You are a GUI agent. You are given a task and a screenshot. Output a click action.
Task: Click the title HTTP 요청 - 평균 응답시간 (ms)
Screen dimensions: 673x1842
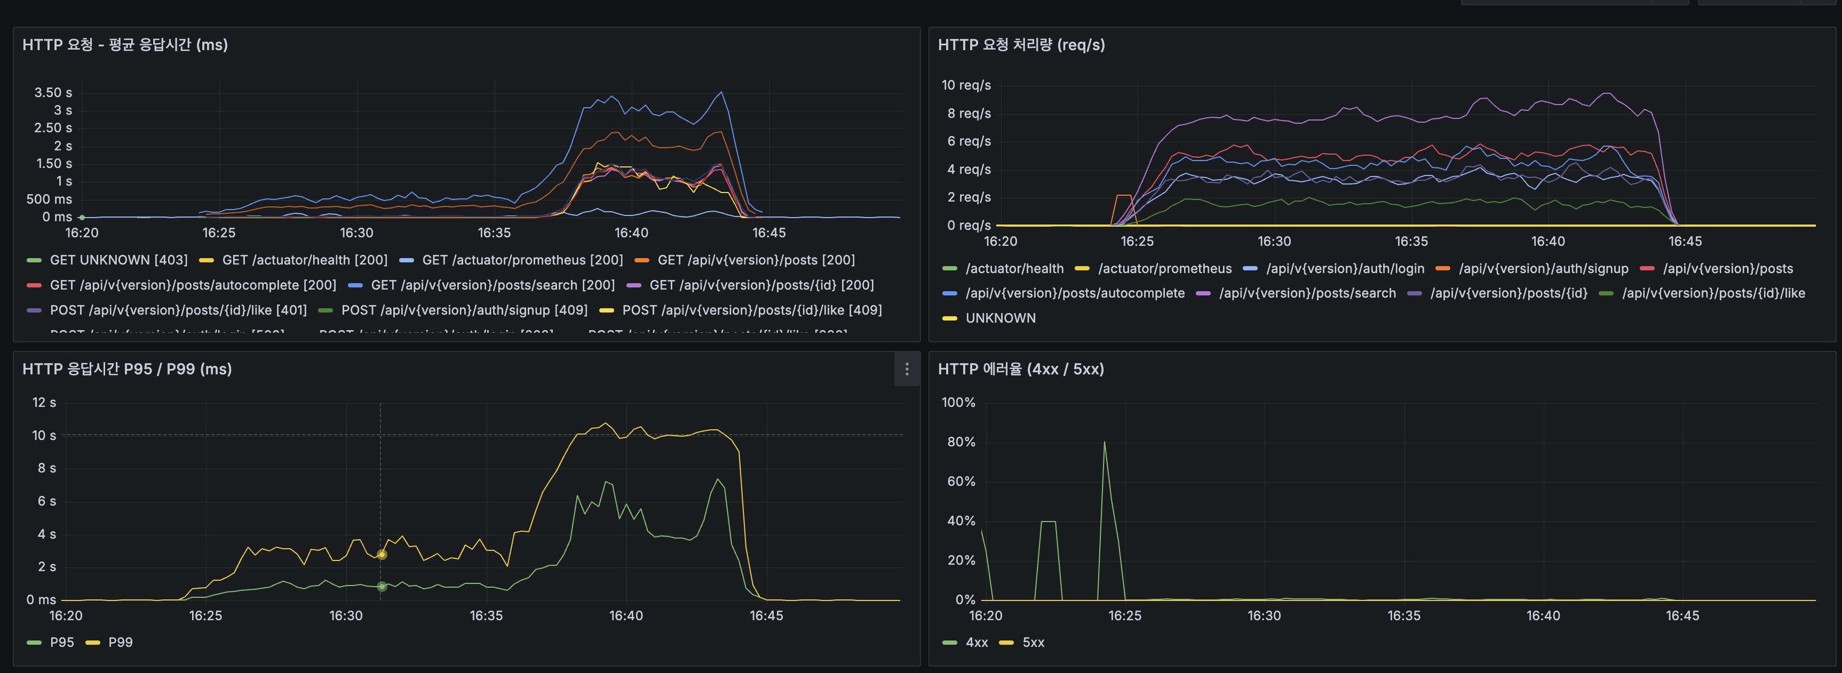point(125,44)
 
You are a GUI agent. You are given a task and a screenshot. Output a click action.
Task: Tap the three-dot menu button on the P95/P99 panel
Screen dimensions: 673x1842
point(906,368)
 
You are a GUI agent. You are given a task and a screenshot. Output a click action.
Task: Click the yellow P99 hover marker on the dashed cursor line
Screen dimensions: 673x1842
point(381,555)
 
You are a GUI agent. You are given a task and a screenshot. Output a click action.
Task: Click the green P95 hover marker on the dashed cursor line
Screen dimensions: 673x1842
point(381,587)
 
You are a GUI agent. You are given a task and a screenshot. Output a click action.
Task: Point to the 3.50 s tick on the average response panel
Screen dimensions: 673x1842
point(53,92)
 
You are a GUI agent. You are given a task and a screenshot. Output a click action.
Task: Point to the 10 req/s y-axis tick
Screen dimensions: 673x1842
point(965,85)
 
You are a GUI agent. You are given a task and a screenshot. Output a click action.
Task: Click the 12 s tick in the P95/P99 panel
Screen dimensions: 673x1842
point(44,402)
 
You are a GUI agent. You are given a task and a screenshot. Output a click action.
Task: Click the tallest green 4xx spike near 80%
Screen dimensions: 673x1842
point(1104,443)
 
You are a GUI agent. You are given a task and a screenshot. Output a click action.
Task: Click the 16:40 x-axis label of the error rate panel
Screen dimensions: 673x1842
point(1543,615)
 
